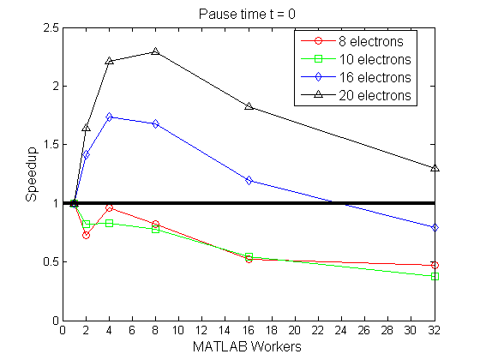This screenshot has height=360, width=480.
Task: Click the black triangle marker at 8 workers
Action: coord(155,51)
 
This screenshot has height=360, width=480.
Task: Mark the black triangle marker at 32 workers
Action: coord(435,168)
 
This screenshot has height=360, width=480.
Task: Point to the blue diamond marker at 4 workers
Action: coord(109,117)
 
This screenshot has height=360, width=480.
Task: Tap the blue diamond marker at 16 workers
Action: coord(249,180)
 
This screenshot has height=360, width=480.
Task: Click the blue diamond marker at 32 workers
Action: coord(435,227)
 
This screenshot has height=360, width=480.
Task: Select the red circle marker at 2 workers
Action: coord(86,235)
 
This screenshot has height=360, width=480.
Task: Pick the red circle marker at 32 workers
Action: coord(435,265)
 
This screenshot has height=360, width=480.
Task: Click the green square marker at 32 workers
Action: coord(435,277)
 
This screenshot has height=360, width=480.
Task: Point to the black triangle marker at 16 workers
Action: coord(249,106)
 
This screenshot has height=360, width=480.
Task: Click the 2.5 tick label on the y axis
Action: coord(49,28)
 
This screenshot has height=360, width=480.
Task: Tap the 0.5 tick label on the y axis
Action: coord(49,262)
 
